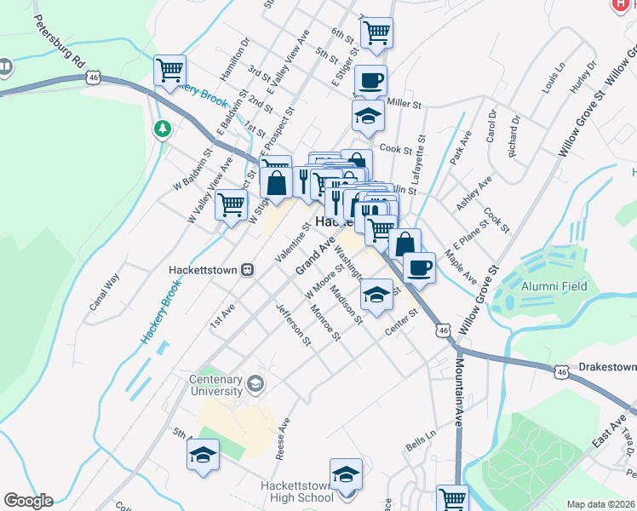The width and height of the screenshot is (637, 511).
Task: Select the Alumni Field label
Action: [x=554, y=286]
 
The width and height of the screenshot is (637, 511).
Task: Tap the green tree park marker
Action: [x=161, y=129]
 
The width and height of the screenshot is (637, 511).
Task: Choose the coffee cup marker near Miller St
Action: [x=370, y=81]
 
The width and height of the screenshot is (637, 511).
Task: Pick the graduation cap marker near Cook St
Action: [x=367, y=117]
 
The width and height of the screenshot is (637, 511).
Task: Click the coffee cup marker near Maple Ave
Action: [x=418, y=267]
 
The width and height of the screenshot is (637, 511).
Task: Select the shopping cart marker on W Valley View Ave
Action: [x=231, y=204]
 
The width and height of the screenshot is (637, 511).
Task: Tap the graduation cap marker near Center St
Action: [x=376, y=295]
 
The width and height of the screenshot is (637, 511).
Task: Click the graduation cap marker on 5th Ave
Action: [x=203, y=454]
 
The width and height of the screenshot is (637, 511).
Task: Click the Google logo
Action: [x=27, y=501]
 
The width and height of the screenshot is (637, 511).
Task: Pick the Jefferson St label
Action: [x=294, y=324]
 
